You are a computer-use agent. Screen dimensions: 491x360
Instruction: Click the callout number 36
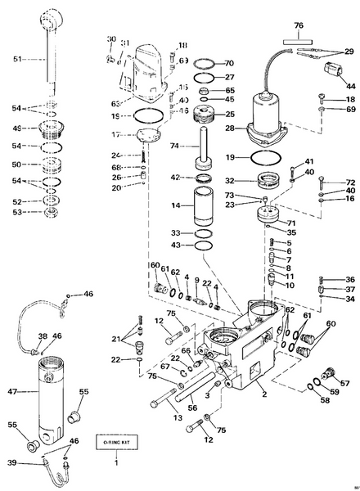point(349,279)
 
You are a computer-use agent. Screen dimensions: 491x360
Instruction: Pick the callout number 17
point(116,135)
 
